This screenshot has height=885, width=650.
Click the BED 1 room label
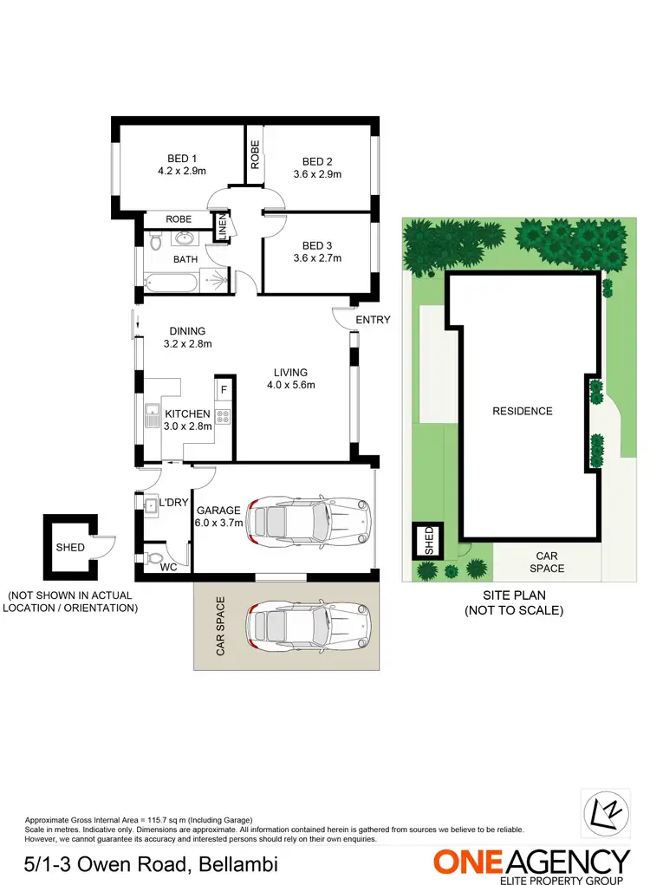pos(182,158)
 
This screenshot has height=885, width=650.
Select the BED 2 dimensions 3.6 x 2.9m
pos(317,174)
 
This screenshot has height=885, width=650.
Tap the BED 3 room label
pos(317,245)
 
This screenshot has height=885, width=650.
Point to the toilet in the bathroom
pos(156,242)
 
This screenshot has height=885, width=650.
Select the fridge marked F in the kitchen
pos(224,390)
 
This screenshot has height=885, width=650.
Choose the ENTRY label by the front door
pos(373,320)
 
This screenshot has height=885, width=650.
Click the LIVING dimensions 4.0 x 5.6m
pos(290,386)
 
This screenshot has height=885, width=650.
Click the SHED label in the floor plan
pos(70,548)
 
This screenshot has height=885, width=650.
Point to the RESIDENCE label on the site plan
pos(522,411)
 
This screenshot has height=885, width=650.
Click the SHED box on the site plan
pos(426,541)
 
